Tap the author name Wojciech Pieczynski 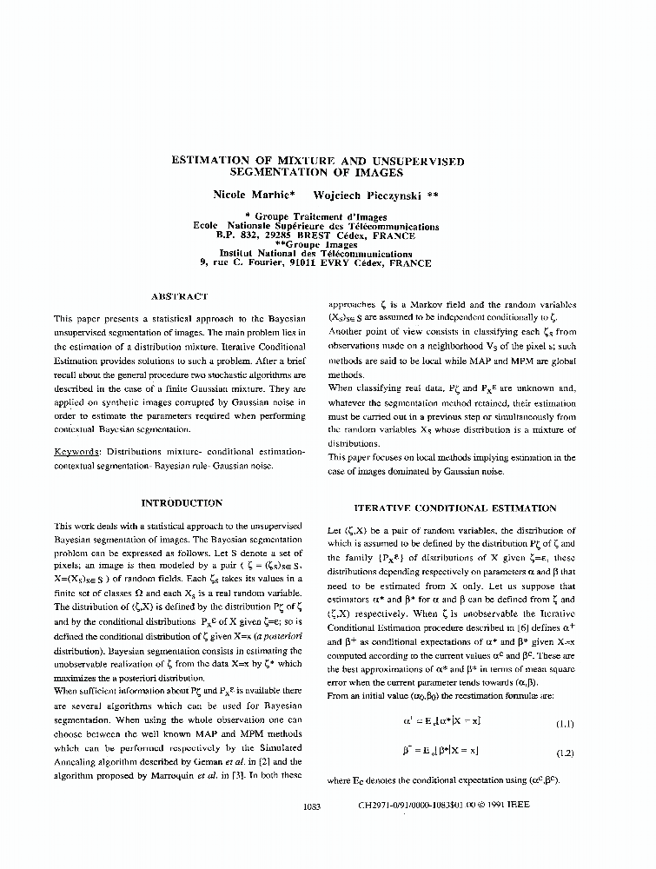368,196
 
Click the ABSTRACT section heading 180,296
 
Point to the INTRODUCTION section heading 182,503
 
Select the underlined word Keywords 76,453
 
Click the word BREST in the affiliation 325,235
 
